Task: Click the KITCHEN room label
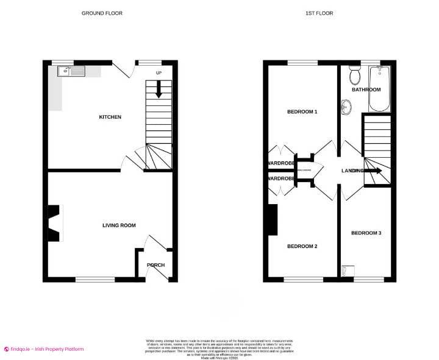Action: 111,117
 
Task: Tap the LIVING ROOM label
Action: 119,225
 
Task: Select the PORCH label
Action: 155,265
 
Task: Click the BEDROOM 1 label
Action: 302,112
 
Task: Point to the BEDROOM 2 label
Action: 302,246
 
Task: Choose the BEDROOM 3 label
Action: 366,233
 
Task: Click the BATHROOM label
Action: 366,90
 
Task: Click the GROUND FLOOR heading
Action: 102,13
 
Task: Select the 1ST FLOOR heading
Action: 319,13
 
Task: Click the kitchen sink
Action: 73,72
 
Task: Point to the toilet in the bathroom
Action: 354,76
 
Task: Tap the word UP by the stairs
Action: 160,74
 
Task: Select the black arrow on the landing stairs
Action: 374,171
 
